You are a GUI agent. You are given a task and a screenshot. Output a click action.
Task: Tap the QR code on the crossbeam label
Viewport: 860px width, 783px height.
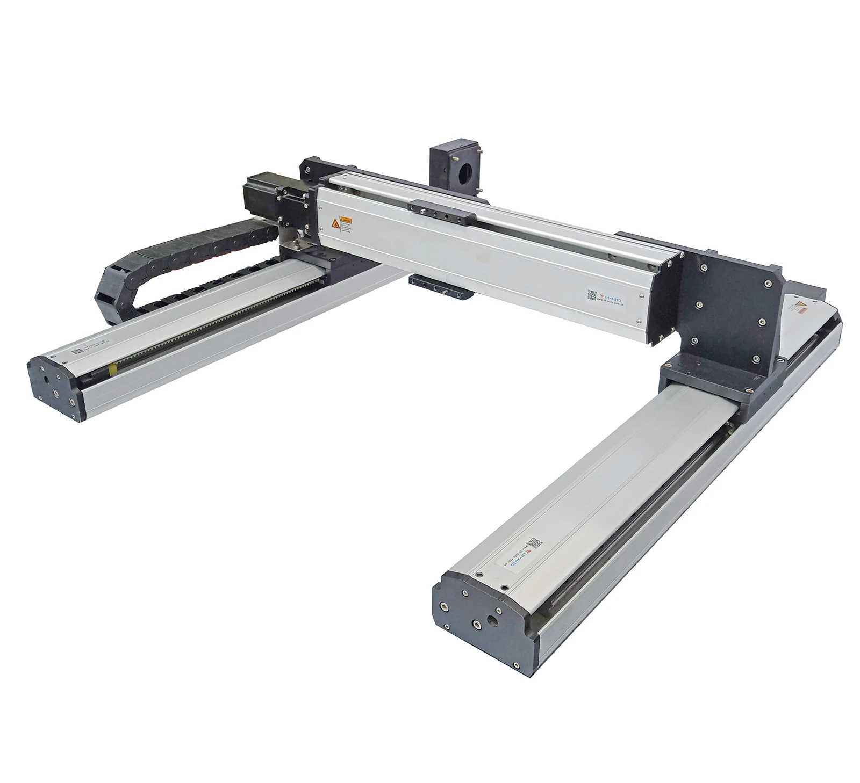[x=591, y=294]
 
